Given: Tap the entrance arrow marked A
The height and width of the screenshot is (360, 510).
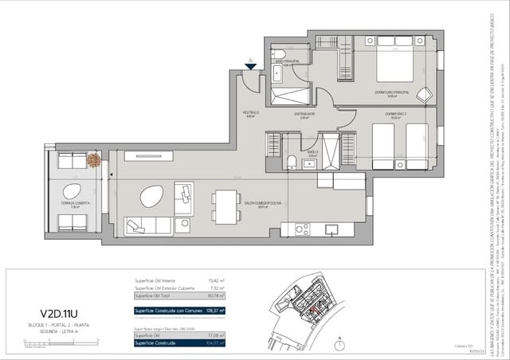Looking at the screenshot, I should pos(251,64).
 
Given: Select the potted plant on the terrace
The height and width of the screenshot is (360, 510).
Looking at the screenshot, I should pos(93,160).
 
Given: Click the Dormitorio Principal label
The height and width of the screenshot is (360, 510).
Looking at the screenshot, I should pos(391,92).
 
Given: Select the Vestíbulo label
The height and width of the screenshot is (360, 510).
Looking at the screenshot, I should pos(252,113).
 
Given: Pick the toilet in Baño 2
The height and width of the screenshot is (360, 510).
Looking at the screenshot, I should pos(292,162).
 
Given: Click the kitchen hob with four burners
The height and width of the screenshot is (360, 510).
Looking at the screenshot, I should pos(302,229).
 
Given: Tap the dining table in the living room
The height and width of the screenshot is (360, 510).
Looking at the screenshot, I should pos(226,204).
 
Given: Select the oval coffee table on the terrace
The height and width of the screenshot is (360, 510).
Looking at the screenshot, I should pos(72,191).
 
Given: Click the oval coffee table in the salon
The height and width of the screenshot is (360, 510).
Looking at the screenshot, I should pos(151,195).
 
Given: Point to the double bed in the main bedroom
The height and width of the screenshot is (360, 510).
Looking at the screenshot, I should pos(394,63).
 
